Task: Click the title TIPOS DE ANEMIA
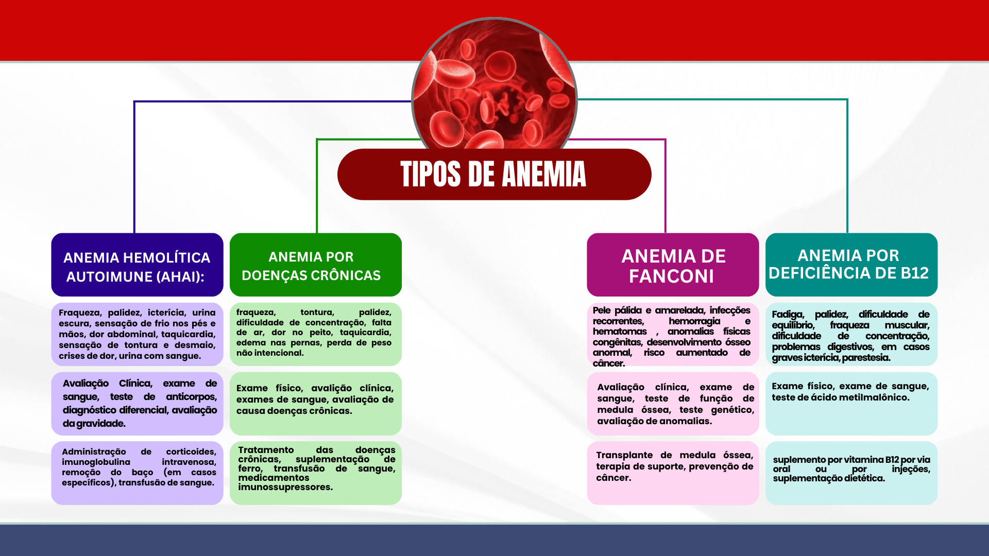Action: pyautogui.click(x=493, y=174)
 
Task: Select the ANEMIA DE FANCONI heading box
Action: pyautogui.click(x=673, y=265)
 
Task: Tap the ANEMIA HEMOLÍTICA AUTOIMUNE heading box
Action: pyautogui.click(x=137, y=265)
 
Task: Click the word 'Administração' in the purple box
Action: pyautogui.click(x=94, y=452)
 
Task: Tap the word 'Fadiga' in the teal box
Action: pyautogui.click(x=788, y=315)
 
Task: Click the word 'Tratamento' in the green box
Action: pyautogui.click(x=266, y=450)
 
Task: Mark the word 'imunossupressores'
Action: pyautogui.click(x=285, y=487)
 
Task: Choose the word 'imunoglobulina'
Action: pyautogui.click(x=96, y=462)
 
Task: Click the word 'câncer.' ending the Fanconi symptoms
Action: pyautogui.click(x=609, y=363)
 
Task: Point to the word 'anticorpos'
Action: pyautogui.click(x=192, y=397)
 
